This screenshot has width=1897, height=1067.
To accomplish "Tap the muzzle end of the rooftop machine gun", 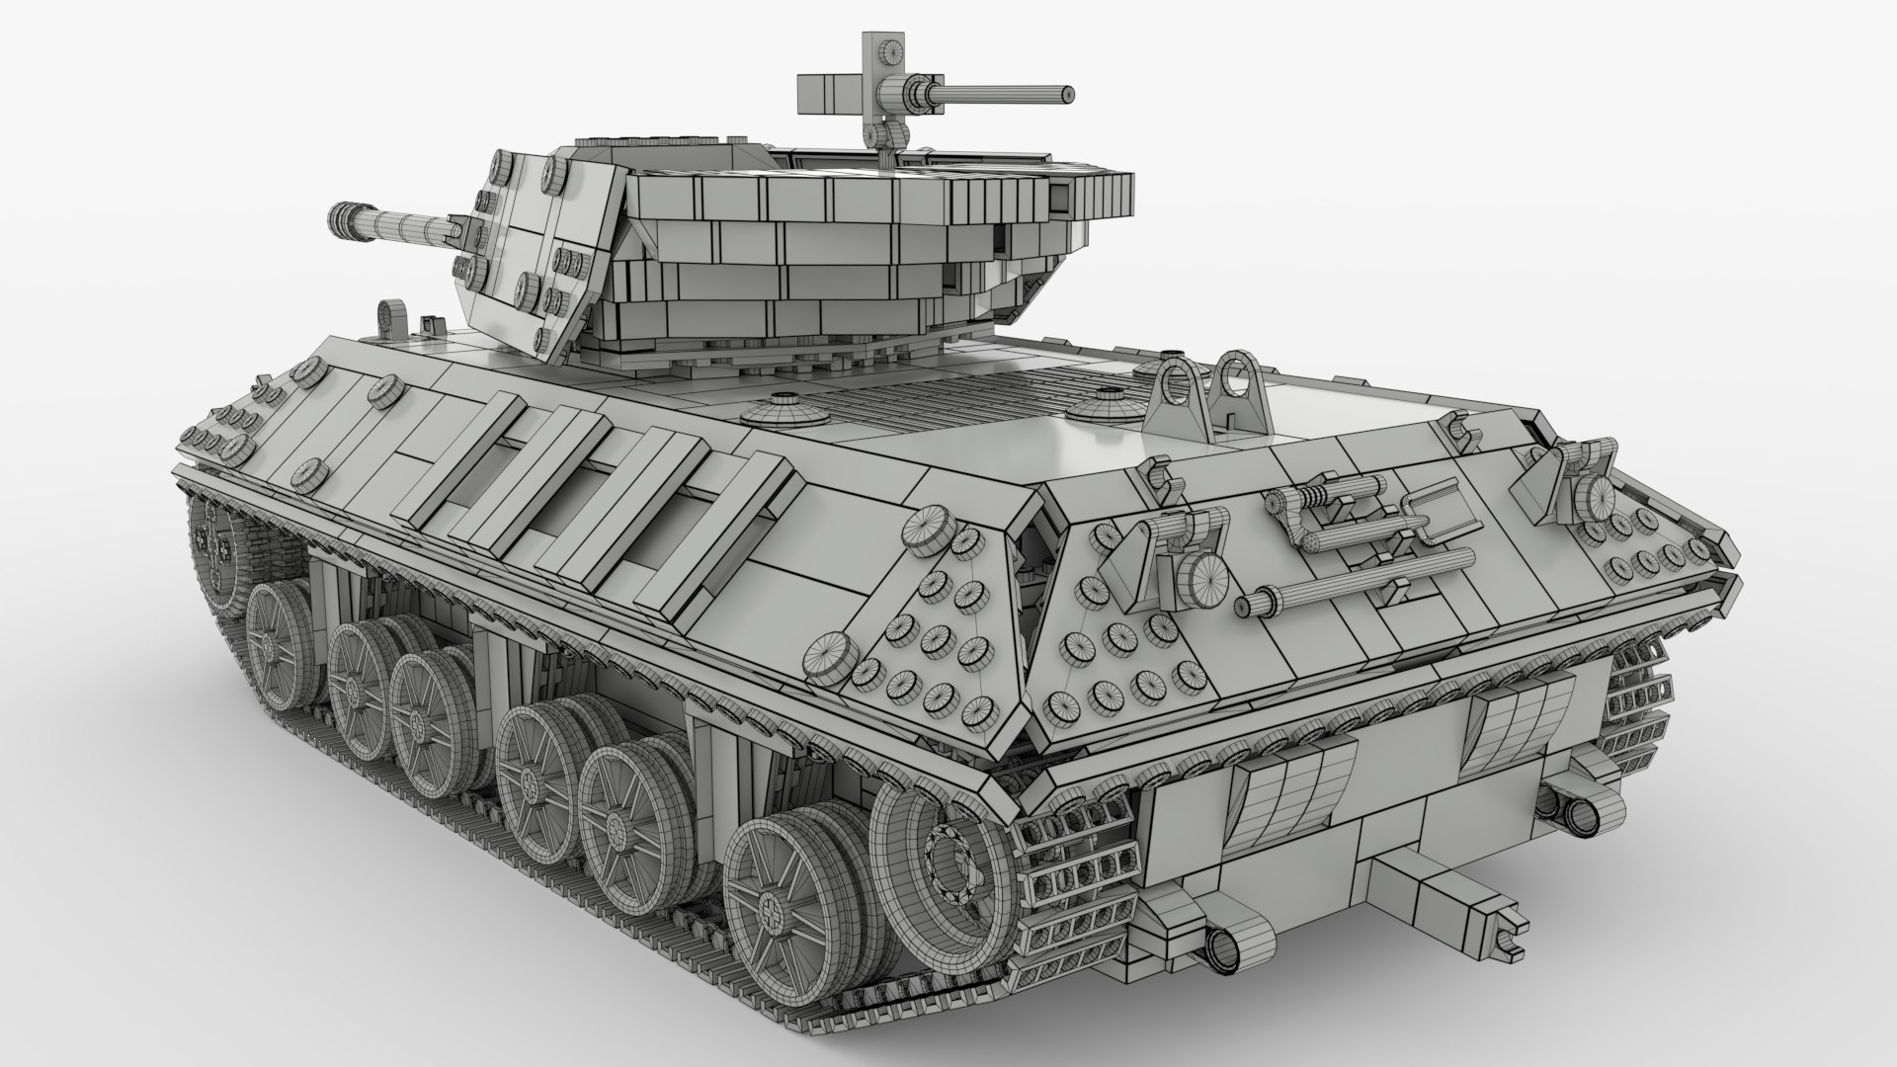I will click(1067, 94).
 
